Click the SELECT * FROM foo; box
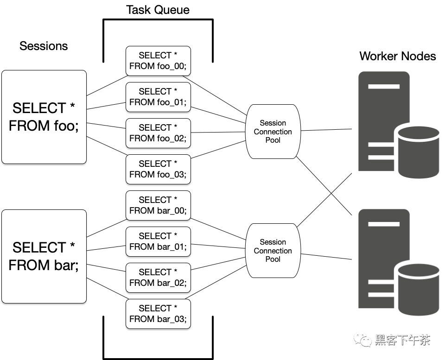pyautogui.click(x=44, y=117)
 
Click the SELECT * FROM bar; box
pyautogui.click(x=44, y=256)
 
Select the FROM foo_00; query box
pyautogui.click(x=158, y=61)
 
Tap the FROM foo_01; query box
pyautogui.click(x=158, y=97)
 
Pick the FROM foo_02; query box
pyautogui.click(x=158, y=133)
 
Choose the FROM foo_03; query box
pyautogui.click(x=158, y=169)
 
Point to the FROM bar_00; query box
pyautogui.click(x=158, y=205)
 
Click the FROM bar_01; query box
pyautogui.click(x=158, y=241)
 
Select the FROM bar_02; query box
pyautogui.click(x=158, y=278)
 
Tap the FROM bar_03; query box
pyautogui.click(x=158, y=314)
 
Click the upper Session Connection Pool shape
pyautogui.click(x=273, y=132)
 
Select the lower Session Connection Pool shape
pyautogui.click(x=273, y=251)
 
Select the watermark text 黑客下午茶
pyautogui.click(x=402, y=340)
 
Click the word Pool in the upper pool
pyautogui.click(x=273, y=140)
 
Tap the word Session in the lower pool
pyautogui.click(x=273, y=242)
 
